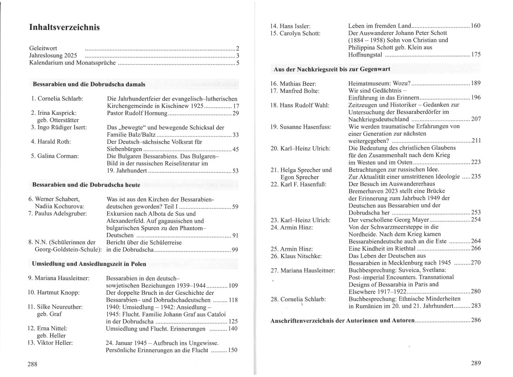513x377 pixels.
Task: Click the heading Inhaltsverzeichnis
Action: pos(64,28)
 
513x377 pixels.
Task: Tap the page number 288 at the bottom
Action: pos(32,364)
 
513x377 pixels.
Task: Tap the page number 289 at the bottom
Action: pos(475,364)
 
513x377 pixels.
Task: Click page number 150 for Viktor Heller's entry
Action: pos(233,350)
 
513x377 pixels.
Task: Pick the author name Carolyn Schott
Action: pos(301,33)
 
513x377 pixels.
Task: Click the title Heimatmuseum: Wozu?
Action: pos(380,83)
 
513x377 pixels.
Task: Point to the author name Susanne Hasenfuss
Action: pos(305,126)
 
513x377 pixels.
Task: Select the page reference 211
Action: pos(476,141)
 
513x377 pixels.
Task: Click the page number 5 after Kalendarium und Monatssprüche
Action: pos(238,63)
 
